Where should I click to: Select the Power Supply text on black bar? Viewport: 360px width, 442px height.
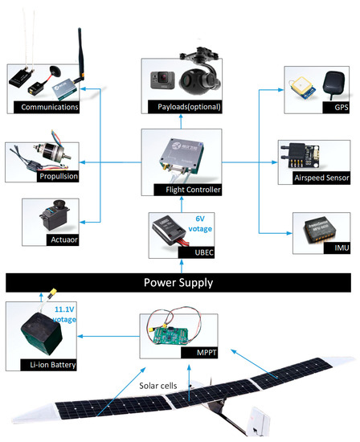point(179,283)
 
